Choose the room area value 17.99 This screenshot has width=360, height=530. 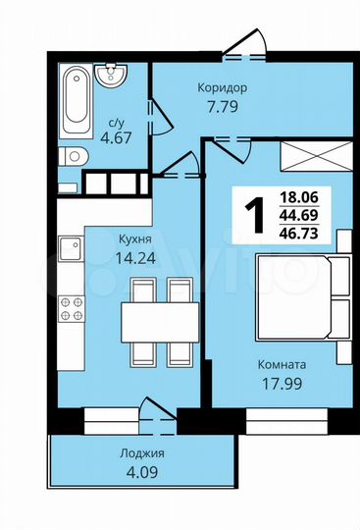point(282,385)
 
